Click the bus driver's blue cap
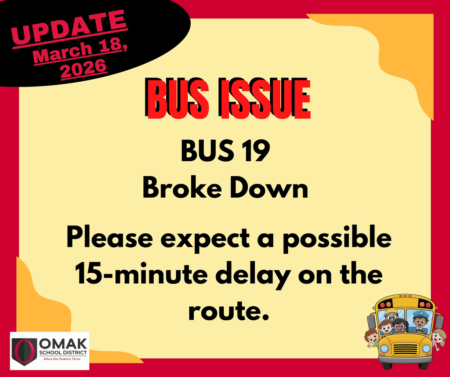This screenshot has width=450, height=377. [x=421, y=314]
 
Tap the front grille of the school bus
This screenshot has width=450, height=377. [x=405, y=349]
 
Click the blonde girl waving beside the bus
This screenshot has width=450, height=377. [x=438, y=338]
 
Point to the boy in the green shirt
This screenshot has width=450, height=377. [x=372, y=338]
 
